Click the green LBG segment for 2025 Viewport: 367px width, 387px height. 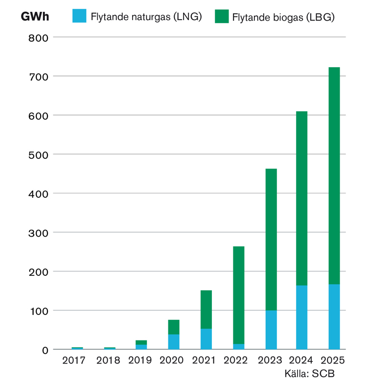pos(334,176)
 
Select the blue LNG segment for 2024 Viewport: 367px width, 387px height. pos(301,317)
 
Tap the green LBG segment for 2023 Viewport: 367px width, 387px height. pos(271,240)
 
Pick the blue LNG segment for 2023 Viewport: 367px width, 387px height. pos(271,330)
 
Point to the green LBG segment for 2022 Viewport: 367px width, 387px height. pos(239,295)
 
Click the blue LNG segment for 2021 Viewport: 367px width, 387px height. pos(206,339)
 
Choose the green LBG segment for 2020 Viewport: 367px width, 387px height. pos(174,327)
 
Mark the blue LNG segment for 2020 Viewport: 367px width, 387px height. pos(174,342)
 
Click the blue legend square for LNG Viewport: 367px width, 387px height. pos(79,16)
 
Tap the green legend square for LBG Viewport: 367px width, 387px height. pos(222,16)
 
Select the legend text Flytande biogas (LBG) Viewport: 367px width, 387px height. pos(283,17)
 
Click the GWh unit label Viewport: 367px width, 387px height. pos(35,17)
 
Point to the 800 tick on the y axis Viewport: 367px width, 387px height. pos(38,38)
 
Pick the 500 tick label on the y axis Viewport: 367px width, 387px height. pos(38,155)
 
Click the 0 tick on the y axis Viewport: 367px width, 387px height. pos(45,350)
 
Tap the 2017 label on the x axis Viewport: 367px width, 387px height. pos(74,361)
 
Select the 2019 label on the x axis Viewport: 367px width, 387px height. pos(140,361)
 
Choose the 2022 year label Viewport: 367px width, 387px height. pos(236,361)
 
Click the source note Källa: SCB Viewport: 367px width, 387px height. pos(310,374)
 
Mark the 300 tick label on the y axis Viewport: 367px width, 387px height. pos(38,233)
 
